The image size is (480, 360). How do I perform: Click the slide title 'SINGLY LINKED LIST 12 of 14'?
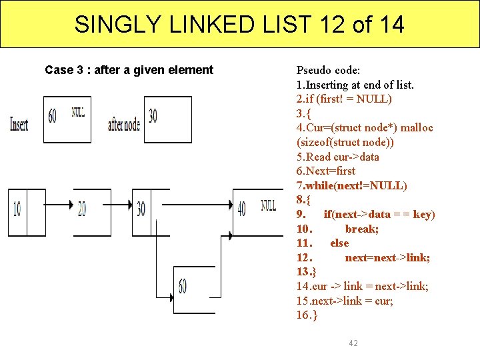click(x=239, y=25)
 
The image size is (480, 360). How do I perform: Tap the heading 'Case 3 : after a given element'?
click(x=129, y=70)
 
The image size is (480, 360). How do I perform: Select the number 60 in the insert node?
click(x=53, y=116)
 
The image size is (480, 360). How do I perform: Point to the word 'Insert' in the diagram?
click(x=19, y=125)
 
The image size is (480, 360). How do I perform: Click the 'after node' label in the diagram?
click(x=124, y=124)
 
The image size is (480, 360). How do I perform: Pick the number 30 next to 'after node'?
click(x=153, y=116)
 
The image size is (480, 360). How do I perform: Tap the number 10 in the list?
click(x=17, y=209)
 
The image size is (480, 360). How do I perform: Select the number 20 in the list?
click(x=81, y=209)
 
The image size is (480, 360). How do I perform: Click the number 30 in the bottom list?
click(x=141, y=209)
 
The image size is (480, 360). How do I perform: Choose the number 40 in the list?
click(x=241, y=209)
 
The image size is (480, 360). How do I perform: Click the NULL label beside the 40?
click(x=268, y=205)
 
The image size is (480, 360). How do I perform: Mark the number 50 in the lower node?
click(x=182, y=287)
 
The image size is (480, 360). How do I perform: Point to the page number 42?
click(x=353, y=343)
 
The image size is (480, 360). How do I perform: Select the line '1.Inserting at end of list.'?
click(x=355, y=85)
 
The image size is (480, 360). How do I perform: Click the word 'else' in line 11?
click(x=339, y=243)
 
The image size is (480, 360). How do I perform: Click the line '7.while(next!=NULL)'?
click(x=352, y=185)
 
